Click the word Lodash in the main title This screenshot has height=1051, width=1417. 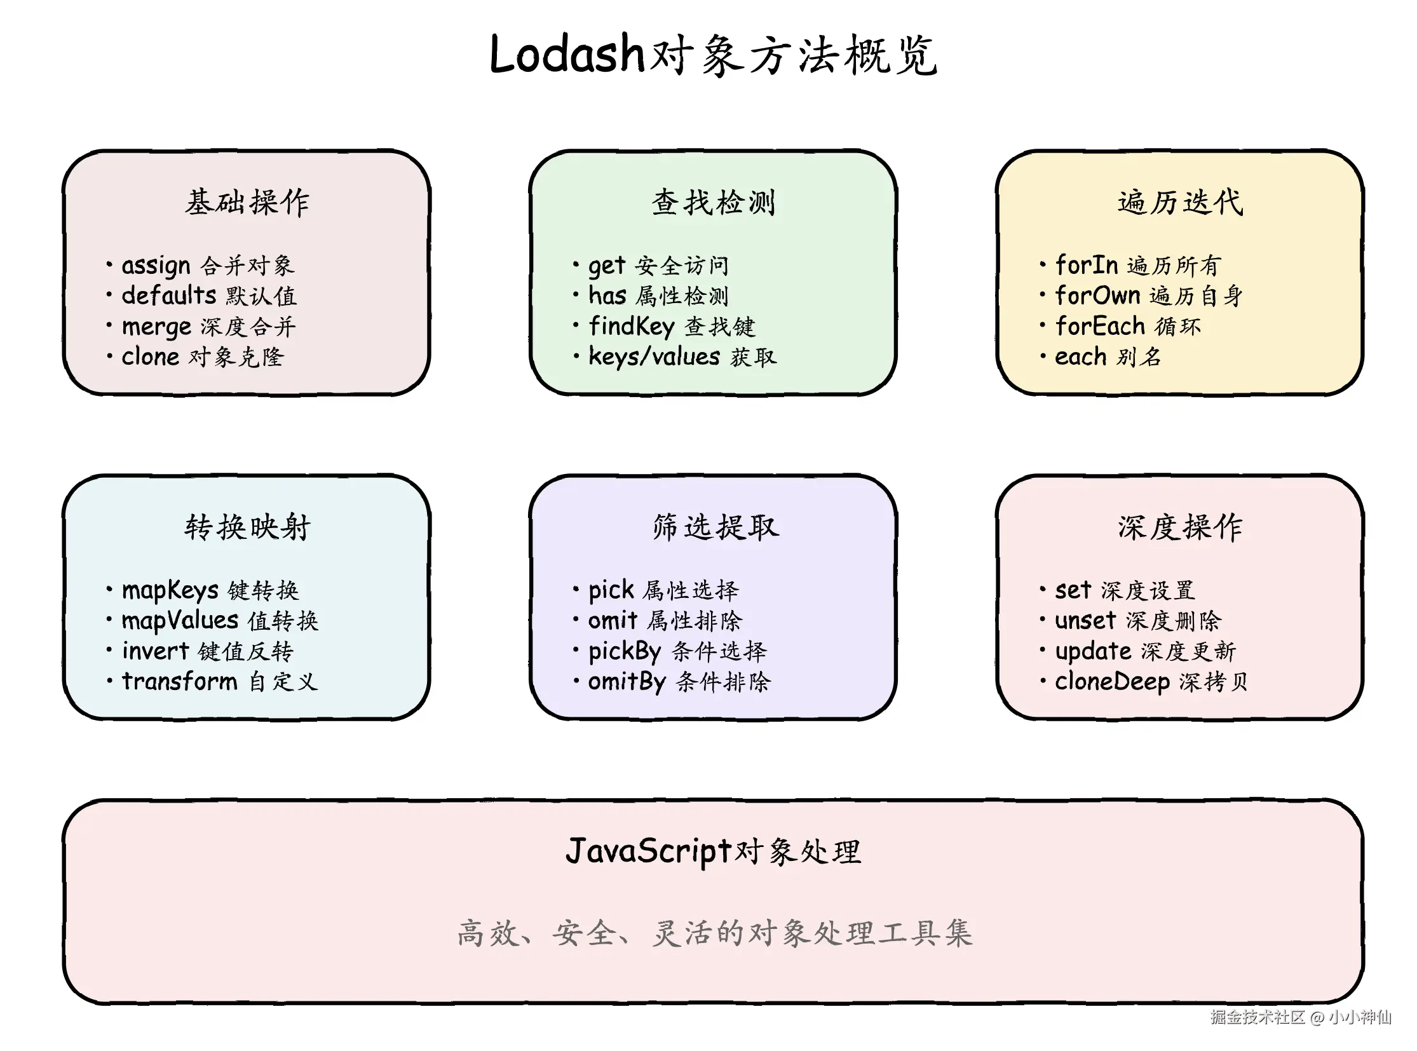point(567,55)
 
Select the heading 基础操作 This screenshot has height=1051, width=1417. point(247,202)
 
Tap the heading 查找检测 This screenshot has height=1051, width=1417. point(714,202)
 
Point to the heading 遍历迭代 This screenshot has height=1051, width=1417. point(1179,202)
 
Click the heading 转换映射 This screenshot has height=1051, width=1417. point(247,527)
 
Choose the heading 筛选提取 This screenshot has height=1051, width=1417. point(715,527)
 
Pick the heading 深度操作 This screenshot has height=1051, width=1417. point(1179,527)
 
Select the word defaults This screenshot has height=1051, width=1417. point(168,296)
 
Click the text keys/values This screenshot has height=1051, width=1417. point(653,357)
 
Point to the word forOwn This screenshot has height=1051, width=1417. point(1097,296)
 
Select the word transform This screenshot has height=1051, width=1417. point(179,681)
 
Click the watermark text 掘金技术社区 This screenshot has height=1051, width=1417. point(1258,1017)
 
